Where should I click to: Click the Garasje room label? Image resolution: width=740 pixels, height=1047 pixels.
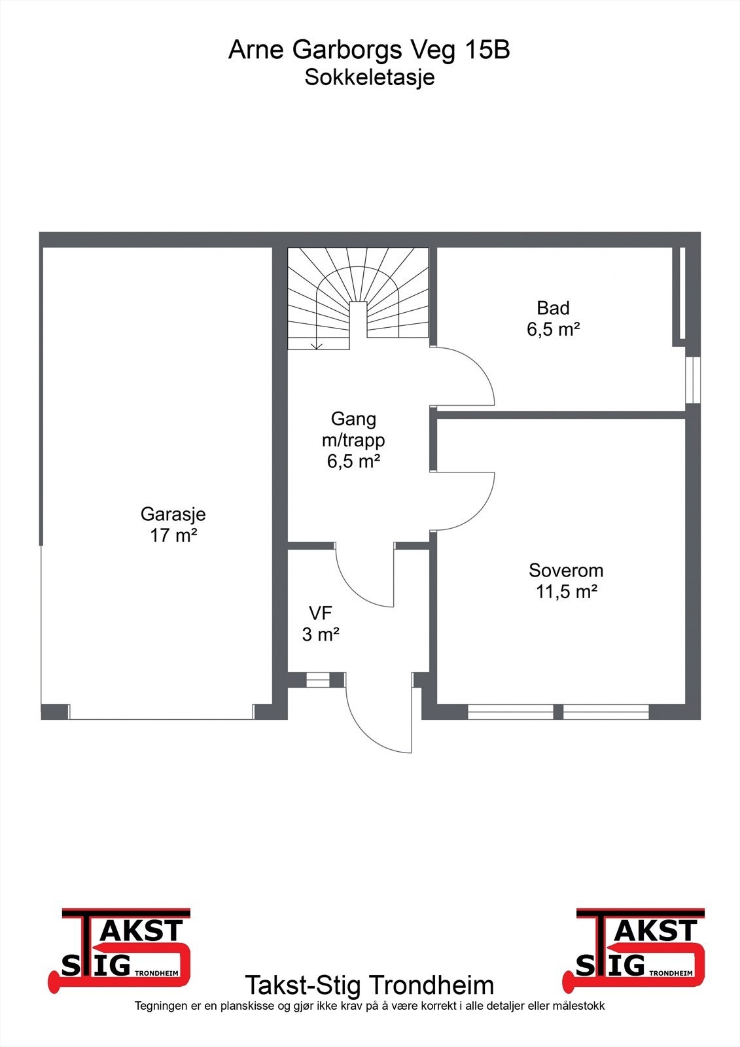173,514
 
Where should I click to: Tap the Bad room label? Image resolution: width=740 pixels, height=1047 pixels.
553,308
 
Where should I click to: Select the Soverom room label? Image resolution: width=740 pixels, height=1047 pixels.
566,570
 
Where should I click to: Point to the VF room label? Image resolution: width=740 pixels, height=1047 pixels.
321,613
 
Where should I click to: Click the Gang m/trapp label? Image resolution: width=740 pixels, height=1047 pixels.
353,429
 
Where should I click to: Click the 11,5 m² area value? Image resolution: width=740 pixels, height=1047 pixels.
566,592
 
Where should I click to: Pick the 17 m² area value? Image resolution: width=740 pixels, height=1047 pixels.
173,535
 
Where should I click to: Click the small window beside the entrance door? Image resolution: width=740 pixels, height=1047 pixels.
319,681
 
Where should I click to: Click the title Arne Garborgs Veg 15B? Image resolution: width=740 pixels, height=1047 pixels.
369,50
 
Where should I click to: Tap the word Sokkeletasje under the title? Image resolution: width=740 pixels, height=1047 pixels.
370,77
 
